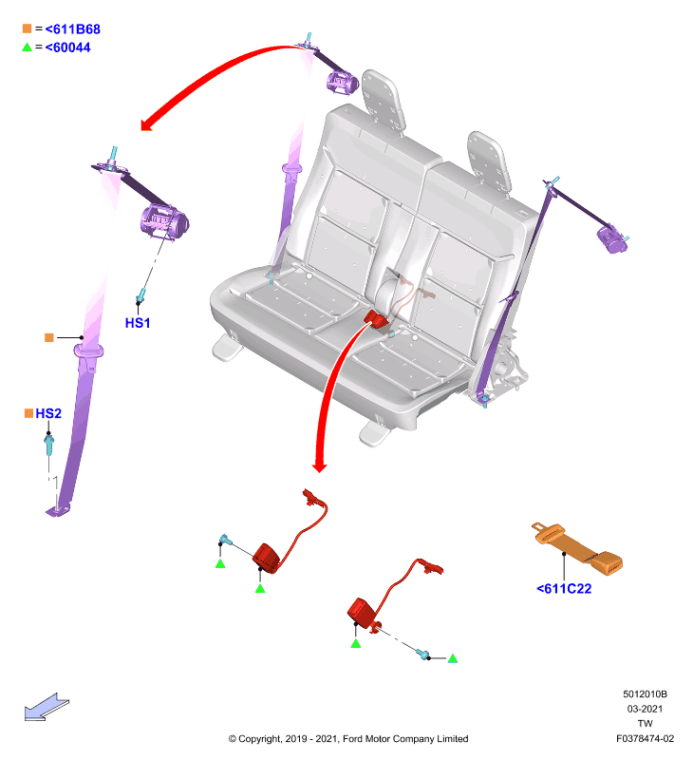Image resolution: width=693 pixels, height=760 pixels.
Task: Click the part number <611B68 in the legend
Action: tap(73, 29)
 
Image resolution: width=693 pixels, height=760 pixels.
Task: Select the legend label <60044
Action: tap(67, 47)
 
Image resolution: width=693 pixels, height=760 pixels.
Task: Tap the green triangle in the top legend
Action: tap(28, 47)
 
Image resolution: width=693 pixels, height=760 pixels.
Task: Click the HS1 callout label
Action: tap(138, 323)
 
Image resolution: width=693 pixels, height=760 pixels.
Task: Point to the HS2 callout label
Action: tap(48, 413)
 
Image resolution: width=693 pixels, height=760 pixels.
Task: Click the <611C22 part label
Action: tap(564, 589)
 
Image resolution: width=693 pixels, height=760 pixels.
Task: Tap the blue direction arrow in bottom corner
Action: tap(47, 708)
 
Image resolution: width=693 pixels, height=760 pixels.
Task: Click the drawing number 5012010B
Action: tap(645, 694)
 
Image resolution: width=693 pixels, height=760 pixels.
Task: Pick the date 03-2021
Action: tap(645, 709)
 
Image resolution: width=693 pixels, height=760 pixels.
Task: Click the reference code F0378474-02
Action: tap(645, 739)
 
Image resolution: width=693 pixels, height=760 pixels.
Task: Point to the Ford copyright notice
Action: tap(348, 739)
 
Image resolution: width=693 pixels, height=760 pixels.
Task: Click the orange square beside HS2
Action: tap(28, 413)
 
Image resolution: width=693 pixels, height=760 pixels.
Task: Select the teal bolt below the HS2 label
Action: tap(49, 445)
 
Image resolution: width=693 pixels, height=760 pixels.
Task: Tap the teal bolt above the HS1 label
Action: tap(141, 294)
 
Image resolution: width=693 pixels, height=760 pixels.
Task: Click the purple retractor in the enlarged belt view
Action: tap(164, 222)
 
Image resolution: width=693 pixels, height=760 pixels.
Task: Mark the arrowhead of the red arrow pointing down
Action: tap(319, 467)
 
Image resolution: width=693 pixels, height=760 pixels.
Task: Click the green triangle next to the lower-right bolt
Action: tap(453, 658)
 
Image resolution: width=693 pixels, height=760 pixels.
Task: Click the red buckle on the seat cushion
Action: tap(376, 319)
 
